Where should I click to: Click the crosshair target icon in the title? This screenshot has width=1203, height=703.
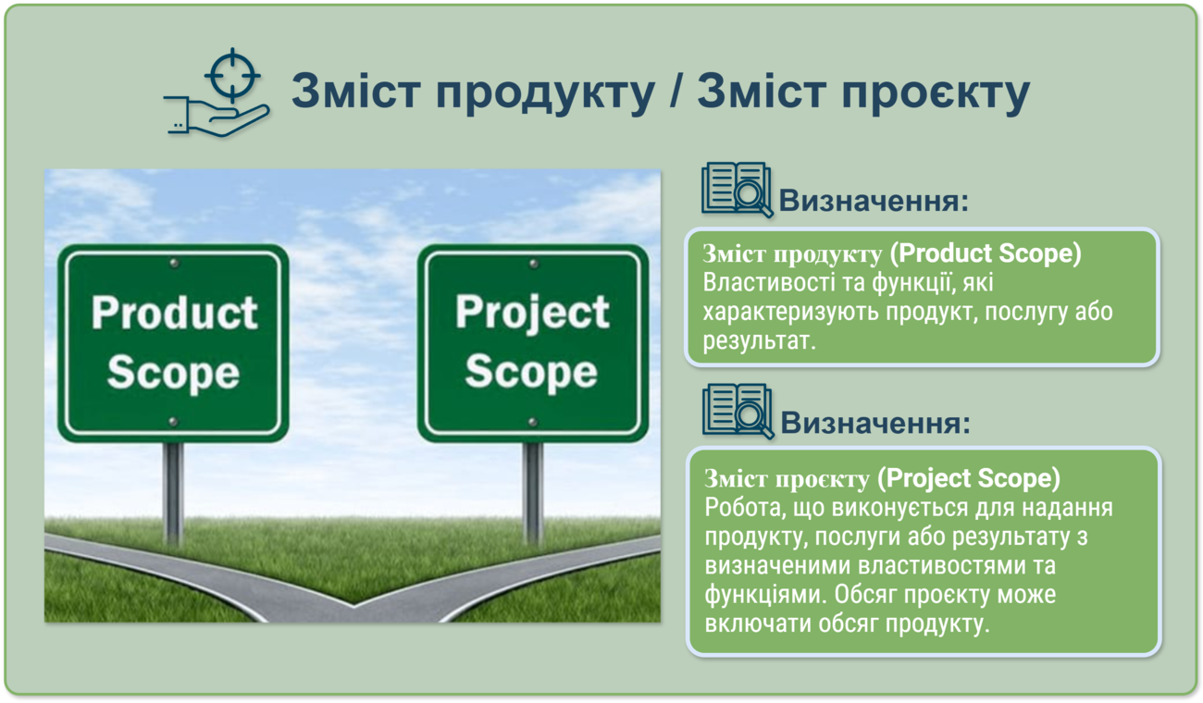coord(232,75)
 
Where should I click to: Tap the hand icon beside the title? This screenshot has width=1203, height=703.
coord(217,118)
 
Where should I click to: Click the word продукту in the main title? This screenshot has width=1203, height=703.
coord(545,92)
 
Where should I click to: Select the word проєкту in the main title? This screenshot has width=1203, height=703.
coord(936,92)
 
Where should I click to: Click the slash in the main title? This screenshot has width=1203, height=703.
coord(676,89)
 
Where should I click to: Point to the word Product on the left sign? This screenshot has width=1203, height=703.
coord(175,313)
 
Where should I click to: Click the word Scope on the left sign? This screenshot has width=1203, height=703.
coord(173,372)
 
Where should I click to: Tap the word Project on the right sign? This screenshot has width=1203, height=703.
coord(532,314)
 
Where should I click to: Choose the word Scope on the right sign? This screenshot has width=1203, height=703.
coord(531,371)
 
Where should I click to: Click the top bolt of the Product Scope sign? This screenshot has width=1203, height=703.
coord(174,264)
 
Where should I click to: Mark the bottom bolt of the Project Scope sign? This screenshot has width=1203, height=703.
coord(532,423)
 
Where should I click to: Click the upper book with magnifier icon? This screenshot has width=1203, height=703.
coord(737,190)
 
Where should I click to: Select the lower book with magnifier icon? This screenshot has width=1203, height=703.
coord(738,412)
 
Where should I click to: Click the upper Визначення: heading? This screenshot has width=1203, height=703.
coord(874,201)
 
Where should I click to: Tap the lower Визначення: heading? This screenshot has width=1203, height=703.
coord(875,423)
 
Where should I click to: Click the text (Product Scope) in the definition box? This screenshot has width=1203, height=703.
coord(986,253)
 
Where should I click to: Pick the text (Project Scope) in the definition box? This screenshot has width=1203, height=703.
coord(969,478)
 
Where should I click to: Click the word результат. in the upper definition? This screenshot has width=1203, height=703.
coord(760,341)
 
